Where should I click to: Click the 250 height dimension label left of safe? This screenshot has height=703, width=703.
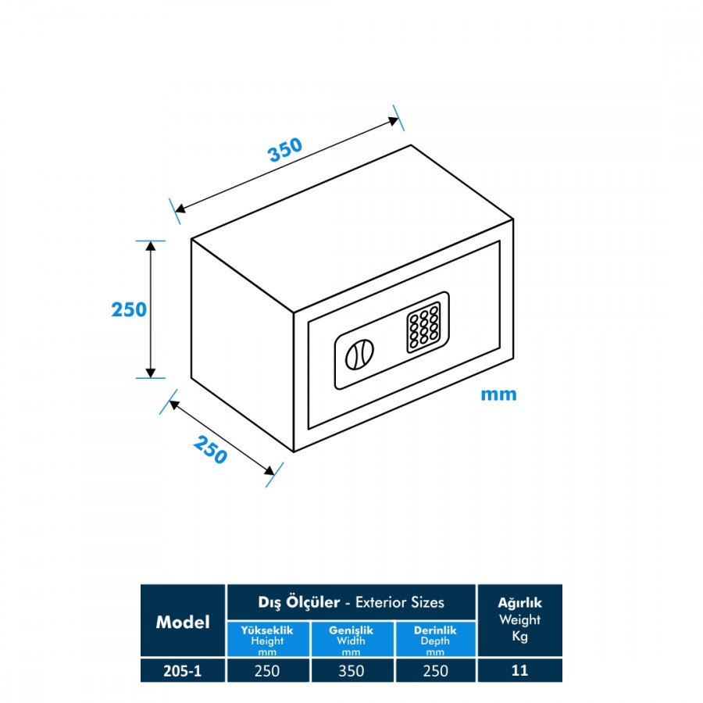pyautogui.click(x=129, y=309)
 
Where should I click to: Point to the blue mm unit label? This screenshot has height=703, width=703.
pyautogui.click(x=498, y=394)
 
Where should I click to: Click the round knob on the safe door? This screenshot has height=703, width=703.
pyautogui.click(x=358, y=355)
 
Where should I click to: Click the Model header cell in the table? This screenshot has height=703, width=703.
pyautogui.click(x=183, y=622)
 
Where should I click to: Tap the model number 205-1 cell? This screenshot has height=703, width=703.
pyautogui.click(x=183, y=670)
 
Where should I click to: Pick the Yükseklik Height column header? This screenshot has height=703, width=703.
pyautogui.click(x=267, y=640)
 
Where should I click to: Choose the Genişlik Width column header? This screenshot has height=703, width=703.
pyautogui.click(x=351, y=640)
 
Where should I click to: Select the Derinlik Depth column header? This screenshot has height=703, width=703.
pyautogui.click(x=435, y=640)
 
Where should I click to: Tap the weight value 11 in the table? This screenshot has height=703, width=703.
pyautogui.click(x=519, y=670)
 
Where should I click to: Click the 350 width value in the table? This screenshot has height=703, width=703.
pyautogui.click(x=351, y=670)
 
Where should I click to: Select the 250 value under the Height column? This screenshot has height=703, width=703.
pyautogui.click(x=267, y=670)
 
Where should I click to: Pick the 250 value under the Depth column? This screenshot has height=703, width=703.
pyautogui.click(x=435, y=670)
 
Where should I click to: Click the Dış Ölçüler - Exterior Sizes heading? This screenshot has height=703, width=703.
pyautogui.click(x=351, y=602)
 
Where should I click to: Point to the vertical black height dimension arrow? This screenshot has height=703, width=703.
pyautogui.click(x=152, y=309)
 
